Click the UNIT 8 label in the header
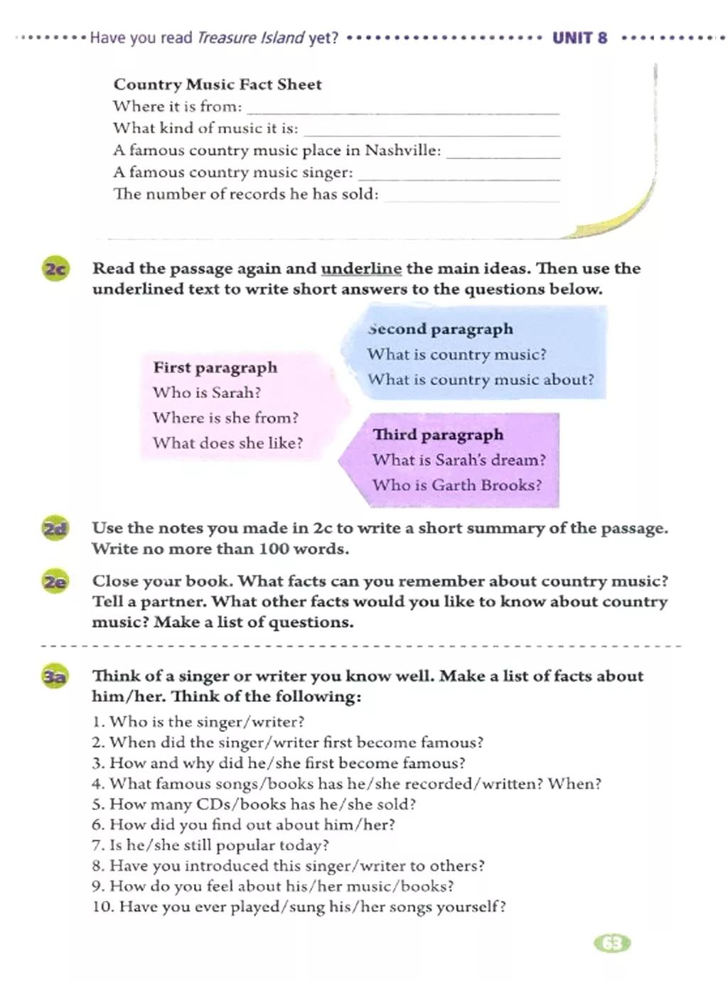point(579,38)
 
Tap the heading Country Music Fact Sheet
point(218,85)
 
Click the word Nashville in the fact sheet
point(402,151)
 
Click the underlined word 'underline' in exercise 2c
point(361,269)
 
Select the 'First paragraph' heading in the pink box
point(215,367)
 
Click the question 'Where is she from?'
point(225,418)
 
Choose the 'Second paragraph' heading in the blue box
point(440,329)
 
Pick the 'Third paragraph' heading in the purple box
point(438,434)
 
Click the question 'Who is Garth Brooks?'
point(456,485)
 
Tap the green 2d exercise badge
point(55,529)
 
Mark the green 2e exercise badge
point(55,582)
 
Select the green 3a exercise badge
point(55,677)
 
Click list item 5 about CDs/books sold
point(254,804)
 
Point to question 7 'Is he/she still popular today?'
point(210,846)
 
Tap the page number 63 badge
point(612,944)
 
